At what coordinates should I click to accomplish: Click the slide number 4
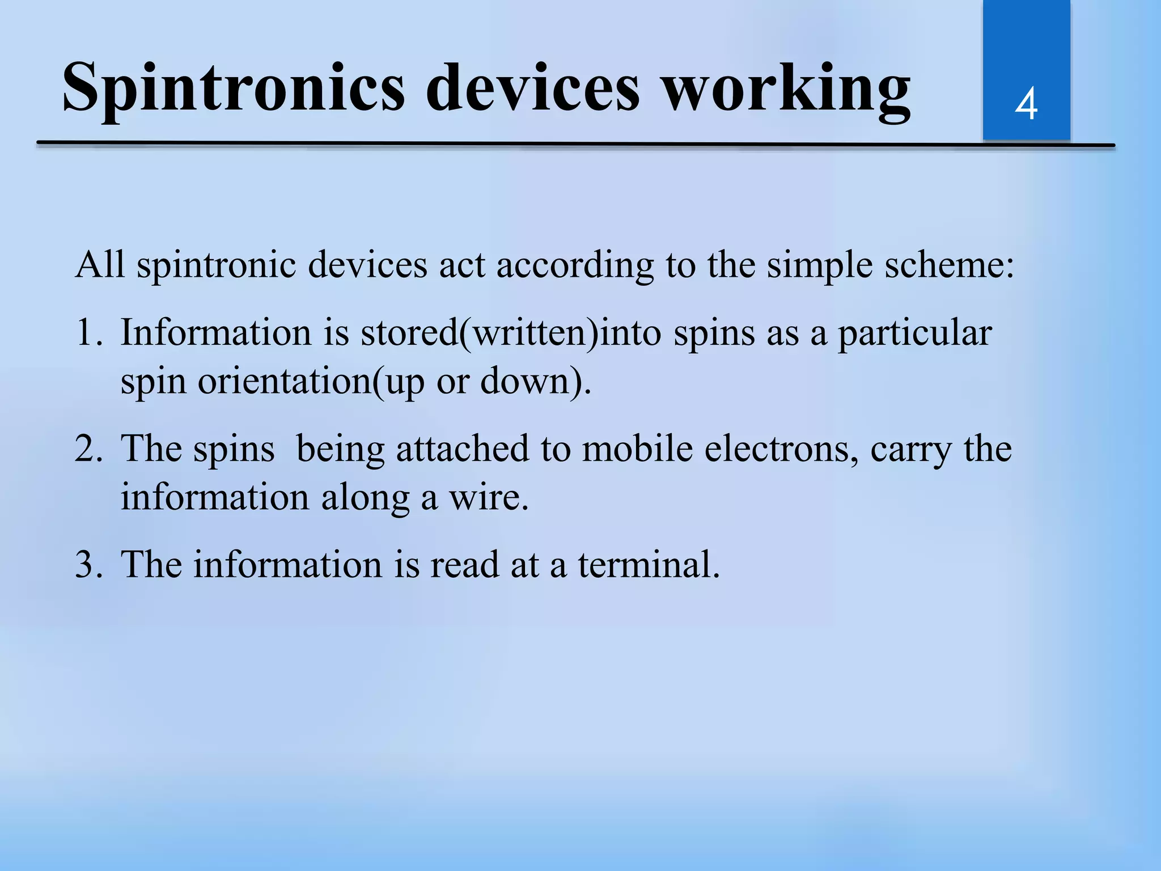tap(1026, 104)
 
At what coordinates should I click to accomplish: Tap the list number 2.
tap(87, 449)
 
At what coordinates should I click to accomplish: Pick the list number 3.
tap(87, 565)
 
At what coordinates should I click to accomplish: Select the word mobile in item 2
tap(638, 449)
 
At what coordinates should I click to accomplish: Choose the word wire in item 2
tap(488, 497)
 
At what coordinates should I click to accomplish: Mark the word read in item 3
tap(464, 565)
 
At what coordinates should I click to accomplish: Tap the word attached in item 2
tap(463, 449)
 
